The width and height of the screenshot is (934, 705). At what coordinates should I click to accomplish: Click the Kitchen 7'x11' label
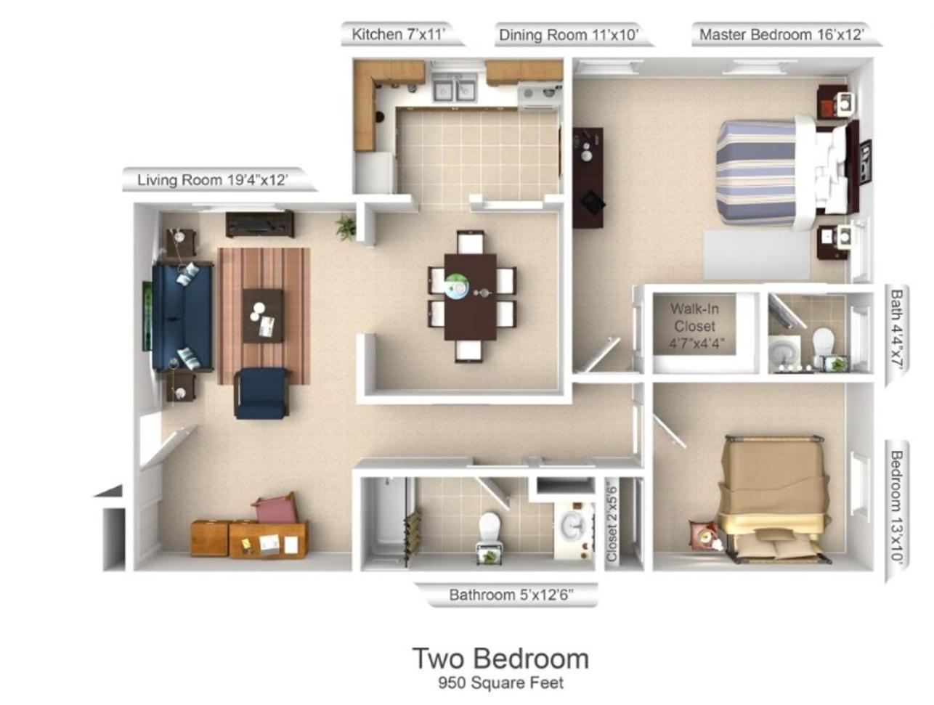click(397, 34)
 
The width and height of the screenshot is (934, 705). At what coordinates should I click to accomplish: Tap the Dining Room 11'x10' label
click(569, 34)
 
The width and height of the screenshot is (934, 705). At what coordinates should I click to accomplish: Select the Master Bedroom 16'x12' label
click(781, 34)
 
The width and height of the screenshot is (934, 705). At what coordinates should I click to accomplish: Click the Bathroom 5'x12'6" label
click(511, 595)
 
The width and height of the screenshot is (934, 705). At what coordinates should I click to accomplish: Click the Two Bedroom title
click(500, 659)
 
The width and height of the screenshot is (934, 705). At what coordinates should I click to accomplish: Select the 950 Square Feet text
click(500, 683)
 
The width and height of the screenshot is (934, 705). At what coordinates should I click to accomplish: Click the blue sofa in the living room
click(182, 317)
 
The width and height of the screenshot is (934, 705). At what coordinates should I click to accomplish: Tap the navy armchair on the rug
click(261, 393)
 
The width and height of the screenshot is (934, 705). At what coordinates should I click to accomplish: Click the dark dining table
click(470, 297)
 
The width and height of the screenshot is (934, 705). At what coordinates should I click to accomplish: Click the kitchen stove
click(540, 96)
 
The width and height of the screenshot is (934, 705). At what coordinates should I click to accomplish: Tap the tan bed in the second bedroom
click(778, 498)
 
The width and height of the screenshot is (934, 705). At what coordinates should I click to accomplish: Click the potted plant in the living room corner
click(346, 227)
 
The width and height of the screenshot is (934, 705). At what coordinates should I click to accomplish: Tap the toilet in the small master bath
click(823, 341)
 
